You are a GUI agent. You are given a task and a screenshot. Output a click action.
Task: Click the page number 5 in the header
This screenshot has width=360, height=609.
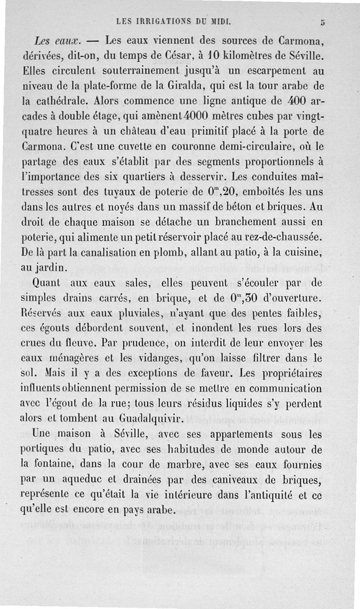(323, 21)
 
